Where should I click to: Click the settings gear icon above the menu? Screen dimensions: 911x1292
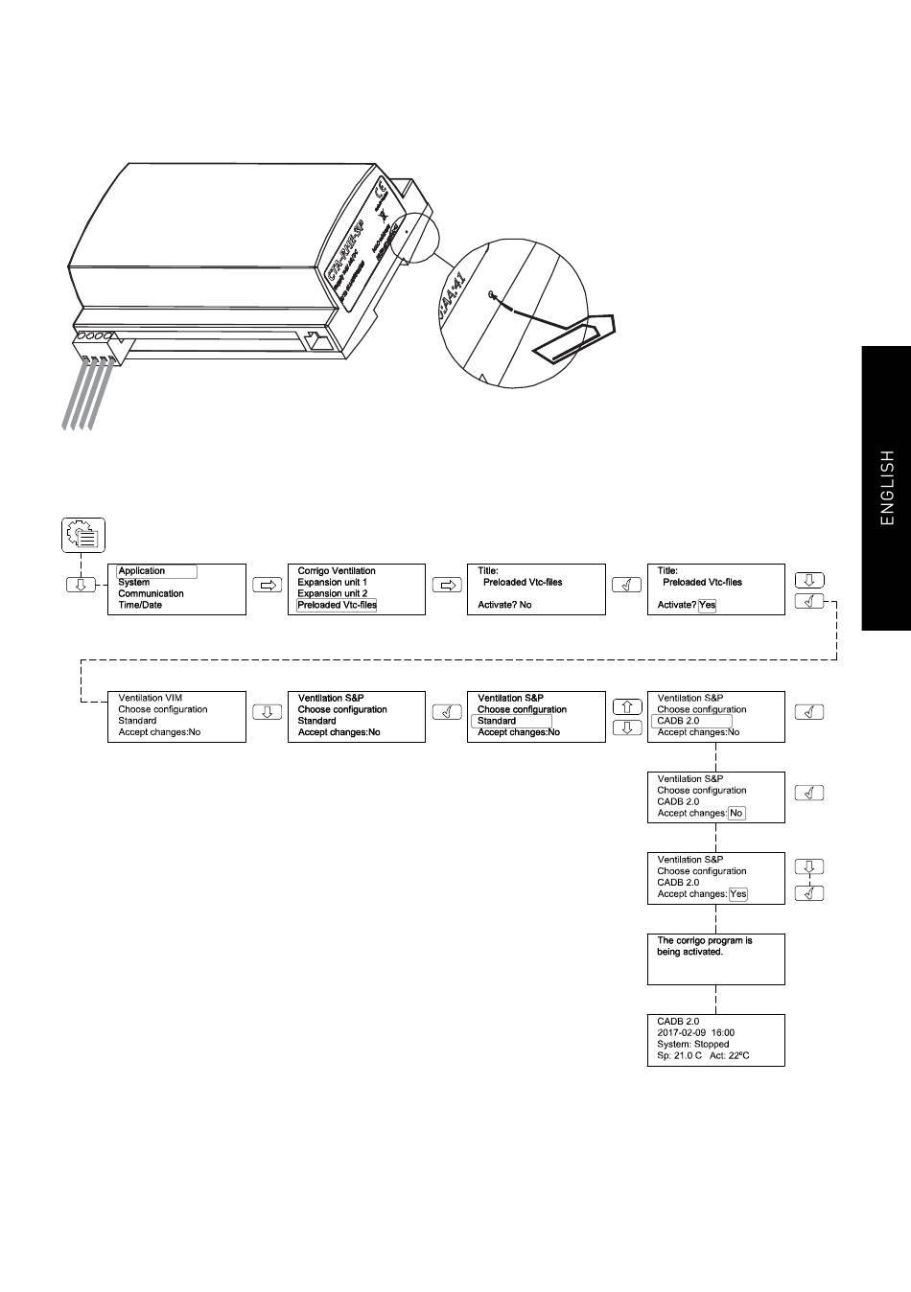tap(83, 534)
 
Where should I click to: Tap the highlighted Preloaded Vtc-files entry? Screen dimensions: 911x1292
tap(337, 605)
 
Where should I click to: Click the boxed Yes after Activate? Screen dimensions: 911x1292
tap(707, 605)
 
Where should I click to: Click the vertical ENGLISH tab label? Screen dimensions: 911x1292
tap(887, 489)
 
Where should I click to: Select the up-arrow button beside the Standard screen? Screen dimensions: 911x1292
tap(626, 707)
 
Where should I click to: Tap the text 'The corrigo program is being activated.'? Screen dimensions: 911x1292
tap(704, 946)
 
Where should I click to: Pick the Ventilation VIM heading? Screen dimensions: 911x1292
tap(150, 698)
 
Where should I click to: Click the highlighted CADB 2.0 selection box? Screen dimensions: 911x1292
tap(691, 721)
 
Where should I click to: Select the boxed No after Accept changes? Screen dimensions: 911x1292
tap(736, 813)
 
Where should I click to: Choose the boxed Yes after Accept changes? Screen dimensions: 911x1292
tap(737, 894)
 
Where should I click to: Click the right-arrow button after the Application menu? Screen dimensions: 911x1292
tap(267, 585)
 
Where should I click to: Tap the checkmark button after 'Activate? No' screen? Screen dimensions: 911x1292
tap(626, 585)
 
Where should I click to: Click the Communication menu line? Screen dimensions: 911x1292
tap(151, 593)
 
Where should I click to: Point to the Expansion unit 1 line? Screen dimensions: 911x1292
tap(332, 582)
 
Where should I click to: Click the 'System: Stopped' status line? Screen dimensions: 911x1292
tap(692, 1044)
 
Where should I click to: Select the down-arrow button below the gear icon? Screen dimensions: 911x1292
tap(81, 585)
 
